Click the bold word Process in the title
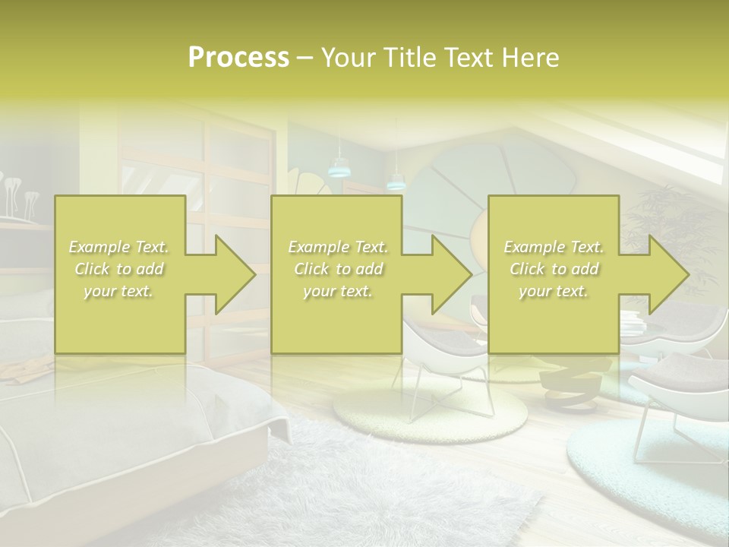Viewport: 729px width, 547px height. click(238, 58)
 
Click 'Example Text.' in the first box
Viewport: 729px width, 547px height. click(118, 247)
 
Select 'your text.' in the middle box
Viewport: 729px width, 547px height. click(337, 291)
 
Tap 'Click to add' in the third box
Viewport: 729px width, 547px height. click(554, 269)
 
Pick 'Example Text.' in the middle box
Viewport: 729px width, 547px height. click(337, 247)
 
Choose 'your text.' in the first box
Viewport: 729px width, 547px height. click(118, 291)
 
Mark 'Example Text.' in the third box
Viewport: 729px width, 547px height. click(554, 247)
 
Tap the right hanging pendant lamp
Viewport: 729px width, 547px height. click(396, 182)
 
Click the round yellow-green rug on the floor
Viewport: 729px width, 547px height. click(429, 414)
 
